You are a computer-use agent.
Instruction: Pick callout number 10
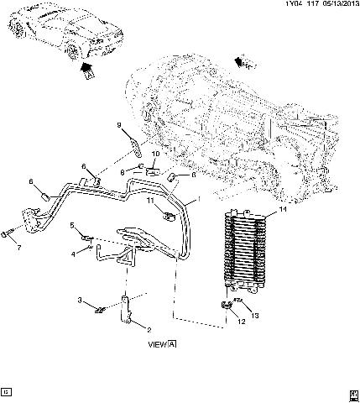(x=155, y=154)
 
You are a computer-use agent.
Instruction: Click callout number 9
(x=119, y=126)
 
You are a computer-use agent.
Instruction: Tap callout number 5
(x=72, y=225)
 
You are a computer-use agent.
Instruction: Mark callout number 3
(x=81, y=300)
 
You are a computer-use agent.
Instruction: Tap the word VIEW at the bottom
(x=157, y=343)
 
